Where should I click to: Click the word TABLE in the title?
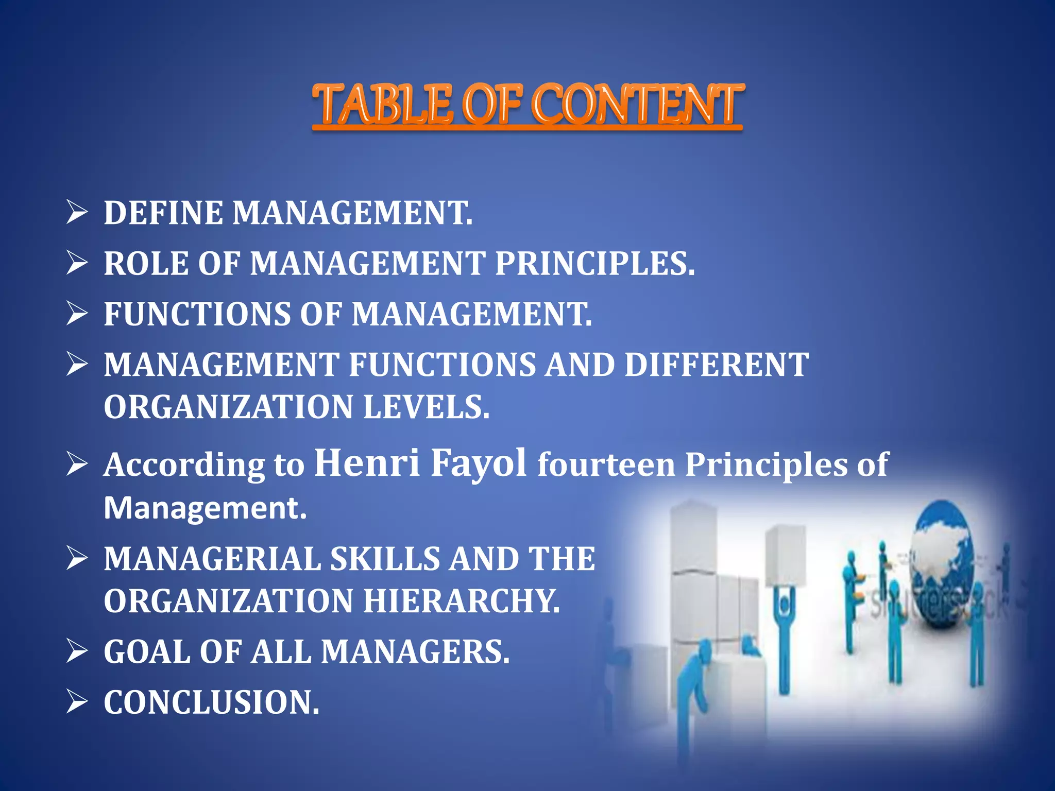383,105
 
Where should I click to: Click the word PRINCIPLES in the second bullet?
594,264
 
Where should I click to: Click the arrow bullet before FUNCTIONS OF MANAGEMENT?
77,313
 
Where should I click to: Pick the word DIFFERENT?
717,365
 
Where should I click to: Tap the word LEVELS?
427,407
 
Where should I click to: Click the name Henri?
366,462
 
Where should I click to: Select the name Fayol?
479,462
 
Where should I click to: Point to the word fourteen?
606,465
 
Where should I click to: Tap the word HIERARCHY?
462,601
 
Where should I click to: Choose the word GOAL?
147,652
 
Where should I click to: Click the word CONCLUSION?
211,702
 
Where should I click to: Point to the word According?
184,466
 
